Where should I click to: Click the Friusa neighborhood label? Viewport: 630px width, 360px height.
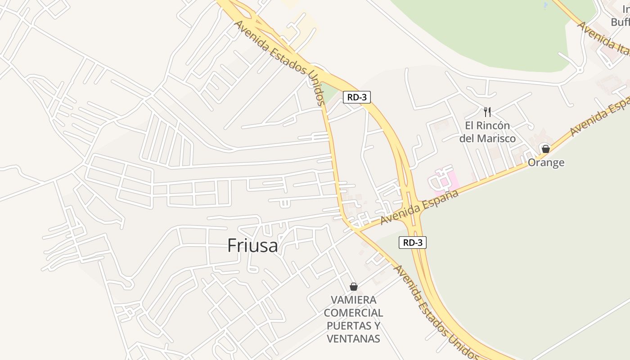point(252,246)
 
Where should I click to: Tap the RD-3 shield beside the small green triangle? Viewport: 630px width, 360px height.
point(356,97)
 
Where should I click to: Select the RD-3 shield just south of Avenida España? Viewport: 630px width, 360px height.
point(412,243)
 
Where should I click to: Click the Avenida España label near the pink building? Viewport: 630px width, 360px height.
point(419,207)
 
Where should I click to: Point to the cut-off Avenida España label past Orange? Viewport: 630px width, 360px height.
point(600,117)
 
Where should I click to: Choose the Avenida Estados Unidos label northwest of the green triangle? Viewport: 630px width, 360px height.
point(279,63)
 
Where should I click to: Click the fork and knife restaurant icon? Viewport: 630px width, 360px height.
point(487,112)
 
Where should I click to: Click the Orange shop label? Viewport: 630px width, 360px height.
point(546,162)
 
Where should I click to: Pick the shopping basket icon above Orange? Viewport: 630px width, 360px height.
point(546,148)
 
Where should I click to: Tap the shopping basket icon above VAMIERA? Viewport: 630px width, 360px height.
point(354,286)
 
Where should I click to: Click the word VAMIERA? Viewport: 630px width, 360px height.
point(354,300)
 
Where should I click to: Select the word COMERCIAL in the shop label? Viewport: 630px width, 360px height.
point(354,313)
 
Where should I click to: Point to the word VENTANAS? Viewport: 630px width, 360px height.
point(354,339)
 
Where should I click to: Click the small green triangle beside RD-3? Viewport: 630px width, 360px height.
point(331,94)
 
